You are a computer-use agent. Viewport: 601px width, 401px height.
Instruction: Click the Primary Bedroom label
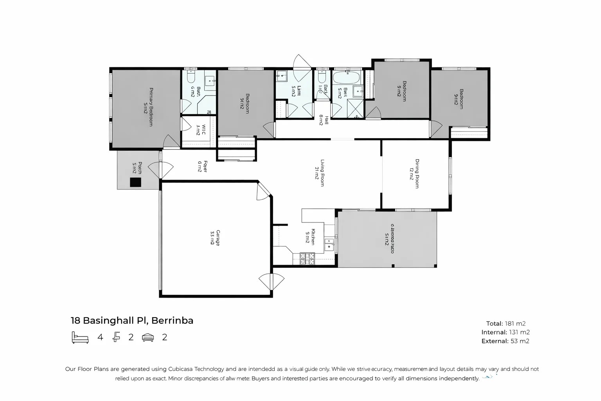[148, 107]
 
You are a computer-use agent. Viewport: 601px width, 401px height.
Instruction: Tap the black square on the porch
[135, 182]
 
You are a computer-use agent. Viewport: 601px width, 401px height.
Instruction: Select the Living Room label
[319, 172]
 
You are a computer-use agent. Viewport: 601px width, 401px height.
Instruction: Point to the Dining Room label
[414, 173]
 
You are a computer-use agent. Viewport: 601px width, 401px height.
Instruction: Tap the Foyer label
[202, 166]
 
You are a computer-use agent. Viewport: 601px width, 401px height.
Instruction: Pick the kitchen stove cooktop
[307, 258]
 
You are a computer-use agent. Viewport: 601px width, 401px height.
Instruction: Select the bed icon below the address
[80, 337]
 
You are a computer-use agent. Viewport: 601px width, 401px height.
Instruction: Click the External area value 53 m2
[520, 341]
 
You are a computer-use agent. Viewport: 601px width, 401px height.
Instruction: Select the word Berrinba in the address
[172, 320]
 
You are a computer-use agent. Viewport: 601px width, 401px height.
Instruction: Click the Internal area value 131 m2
[519, 332]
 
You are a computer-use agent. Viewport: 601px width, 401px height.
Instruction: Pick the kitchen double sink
[329, 244]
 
